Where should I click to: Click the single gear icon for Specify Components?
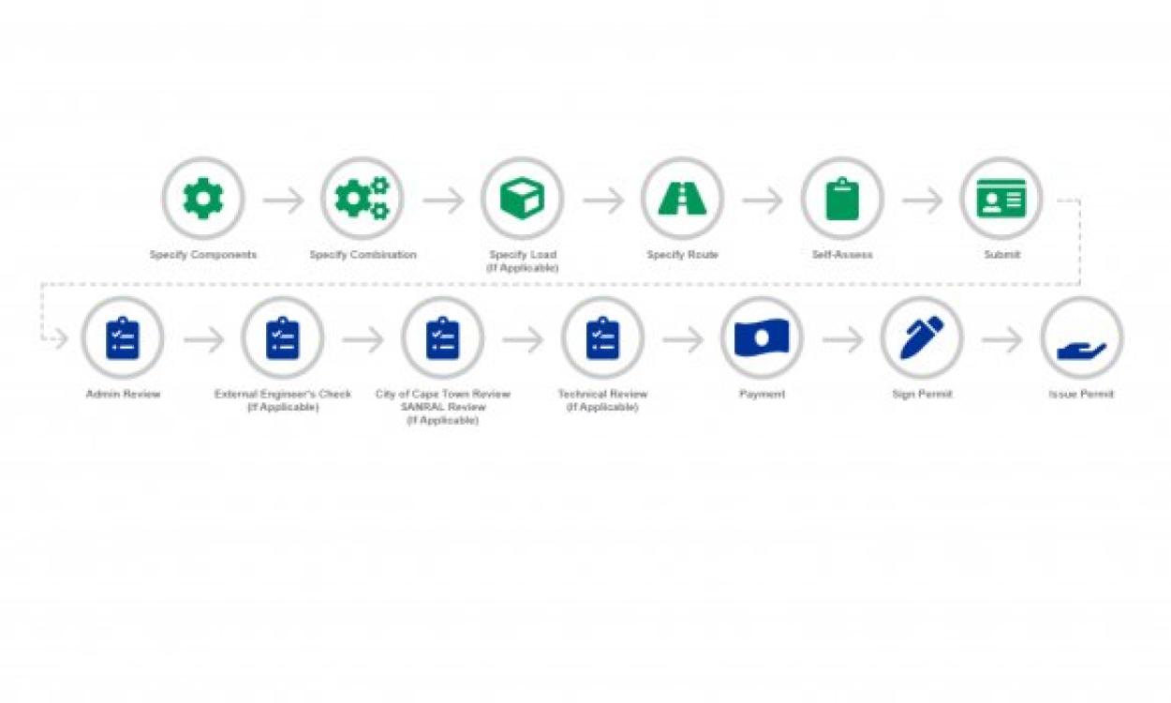click(203, 199)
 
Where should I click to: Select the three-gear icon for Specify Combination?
click(363, 199)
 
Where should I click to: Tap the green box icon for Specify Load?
click(522, 199)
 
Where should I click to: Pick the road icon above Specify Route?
click(682, 199)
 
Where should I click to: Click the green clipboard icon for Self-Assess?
click(842, 199)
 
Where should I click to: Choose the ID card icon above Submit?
click(1001, 199)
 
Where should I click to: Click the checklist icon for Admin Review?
click(123, 338)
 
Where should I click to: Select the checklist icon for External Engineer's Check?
click(282, 338)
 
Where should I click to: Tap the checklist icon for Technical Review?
click(602, 338)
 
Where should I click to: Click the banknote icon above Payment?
click(762, 338)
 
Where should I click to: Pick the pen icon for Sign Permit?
click(922, 338)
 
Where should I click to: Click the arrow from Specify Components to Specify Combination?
click(284, 200)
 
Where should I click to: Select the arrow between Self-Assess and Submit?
click(923, 200)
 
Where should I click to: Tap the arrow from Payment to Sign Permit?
click(842, 339)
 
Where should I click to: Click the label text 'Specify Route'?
click(682, 255)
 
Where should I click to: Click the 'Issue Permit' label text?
click(1082, 395)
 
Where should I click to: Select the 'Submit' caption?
click(1001, 255)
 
